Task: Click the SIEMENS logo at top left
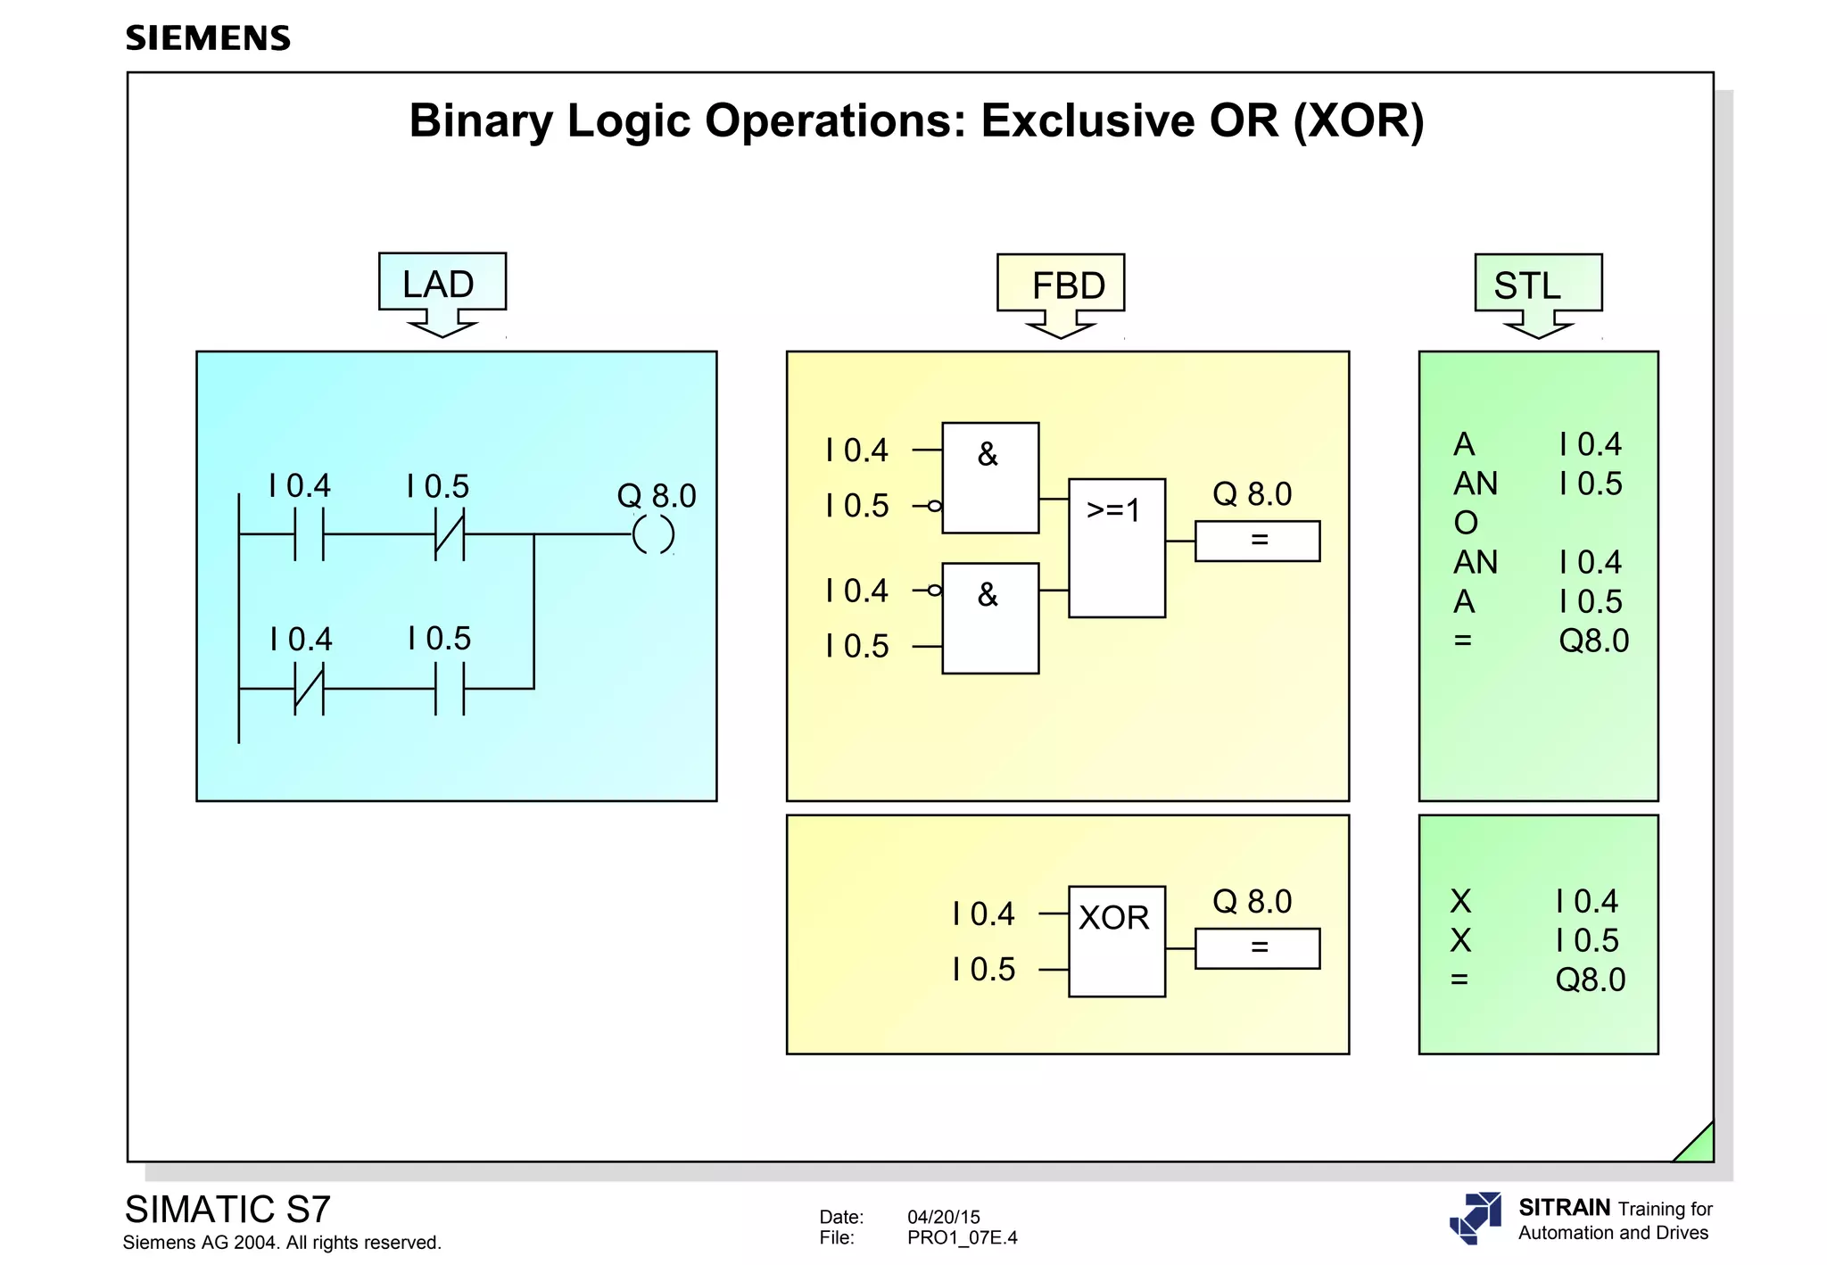point(208,38)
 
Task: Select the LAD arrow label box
point(442,283)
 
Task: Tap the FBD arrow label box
point(1061,285)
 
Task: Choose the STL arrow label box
point(1538,285)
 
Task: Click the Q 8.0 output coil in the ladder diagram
point(653,535)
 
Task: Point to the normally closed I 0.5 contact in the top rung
point(450,534)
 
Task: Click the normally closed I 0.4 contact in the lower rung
point(309,689)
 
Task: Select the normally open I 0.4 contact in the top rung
point(309,534)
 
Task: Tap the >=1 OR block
point(1117,548)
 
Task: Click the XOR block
point(1117,940)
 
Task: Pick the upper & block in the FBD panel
point(990,478)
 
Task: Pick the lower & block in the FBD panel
point(990,618)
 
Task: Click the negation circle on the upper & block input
point(934,506)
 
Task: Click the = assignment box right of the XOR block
point(1257,948)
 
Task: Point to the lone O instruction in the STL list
point(1466,523)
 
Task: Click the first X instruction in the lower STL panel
point(1460,901)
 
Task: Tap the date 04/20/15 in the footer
point(943,1217)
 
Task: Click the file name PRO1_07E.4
point(962,1237)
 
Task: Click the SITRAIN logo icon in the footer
point(1476,1218)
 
